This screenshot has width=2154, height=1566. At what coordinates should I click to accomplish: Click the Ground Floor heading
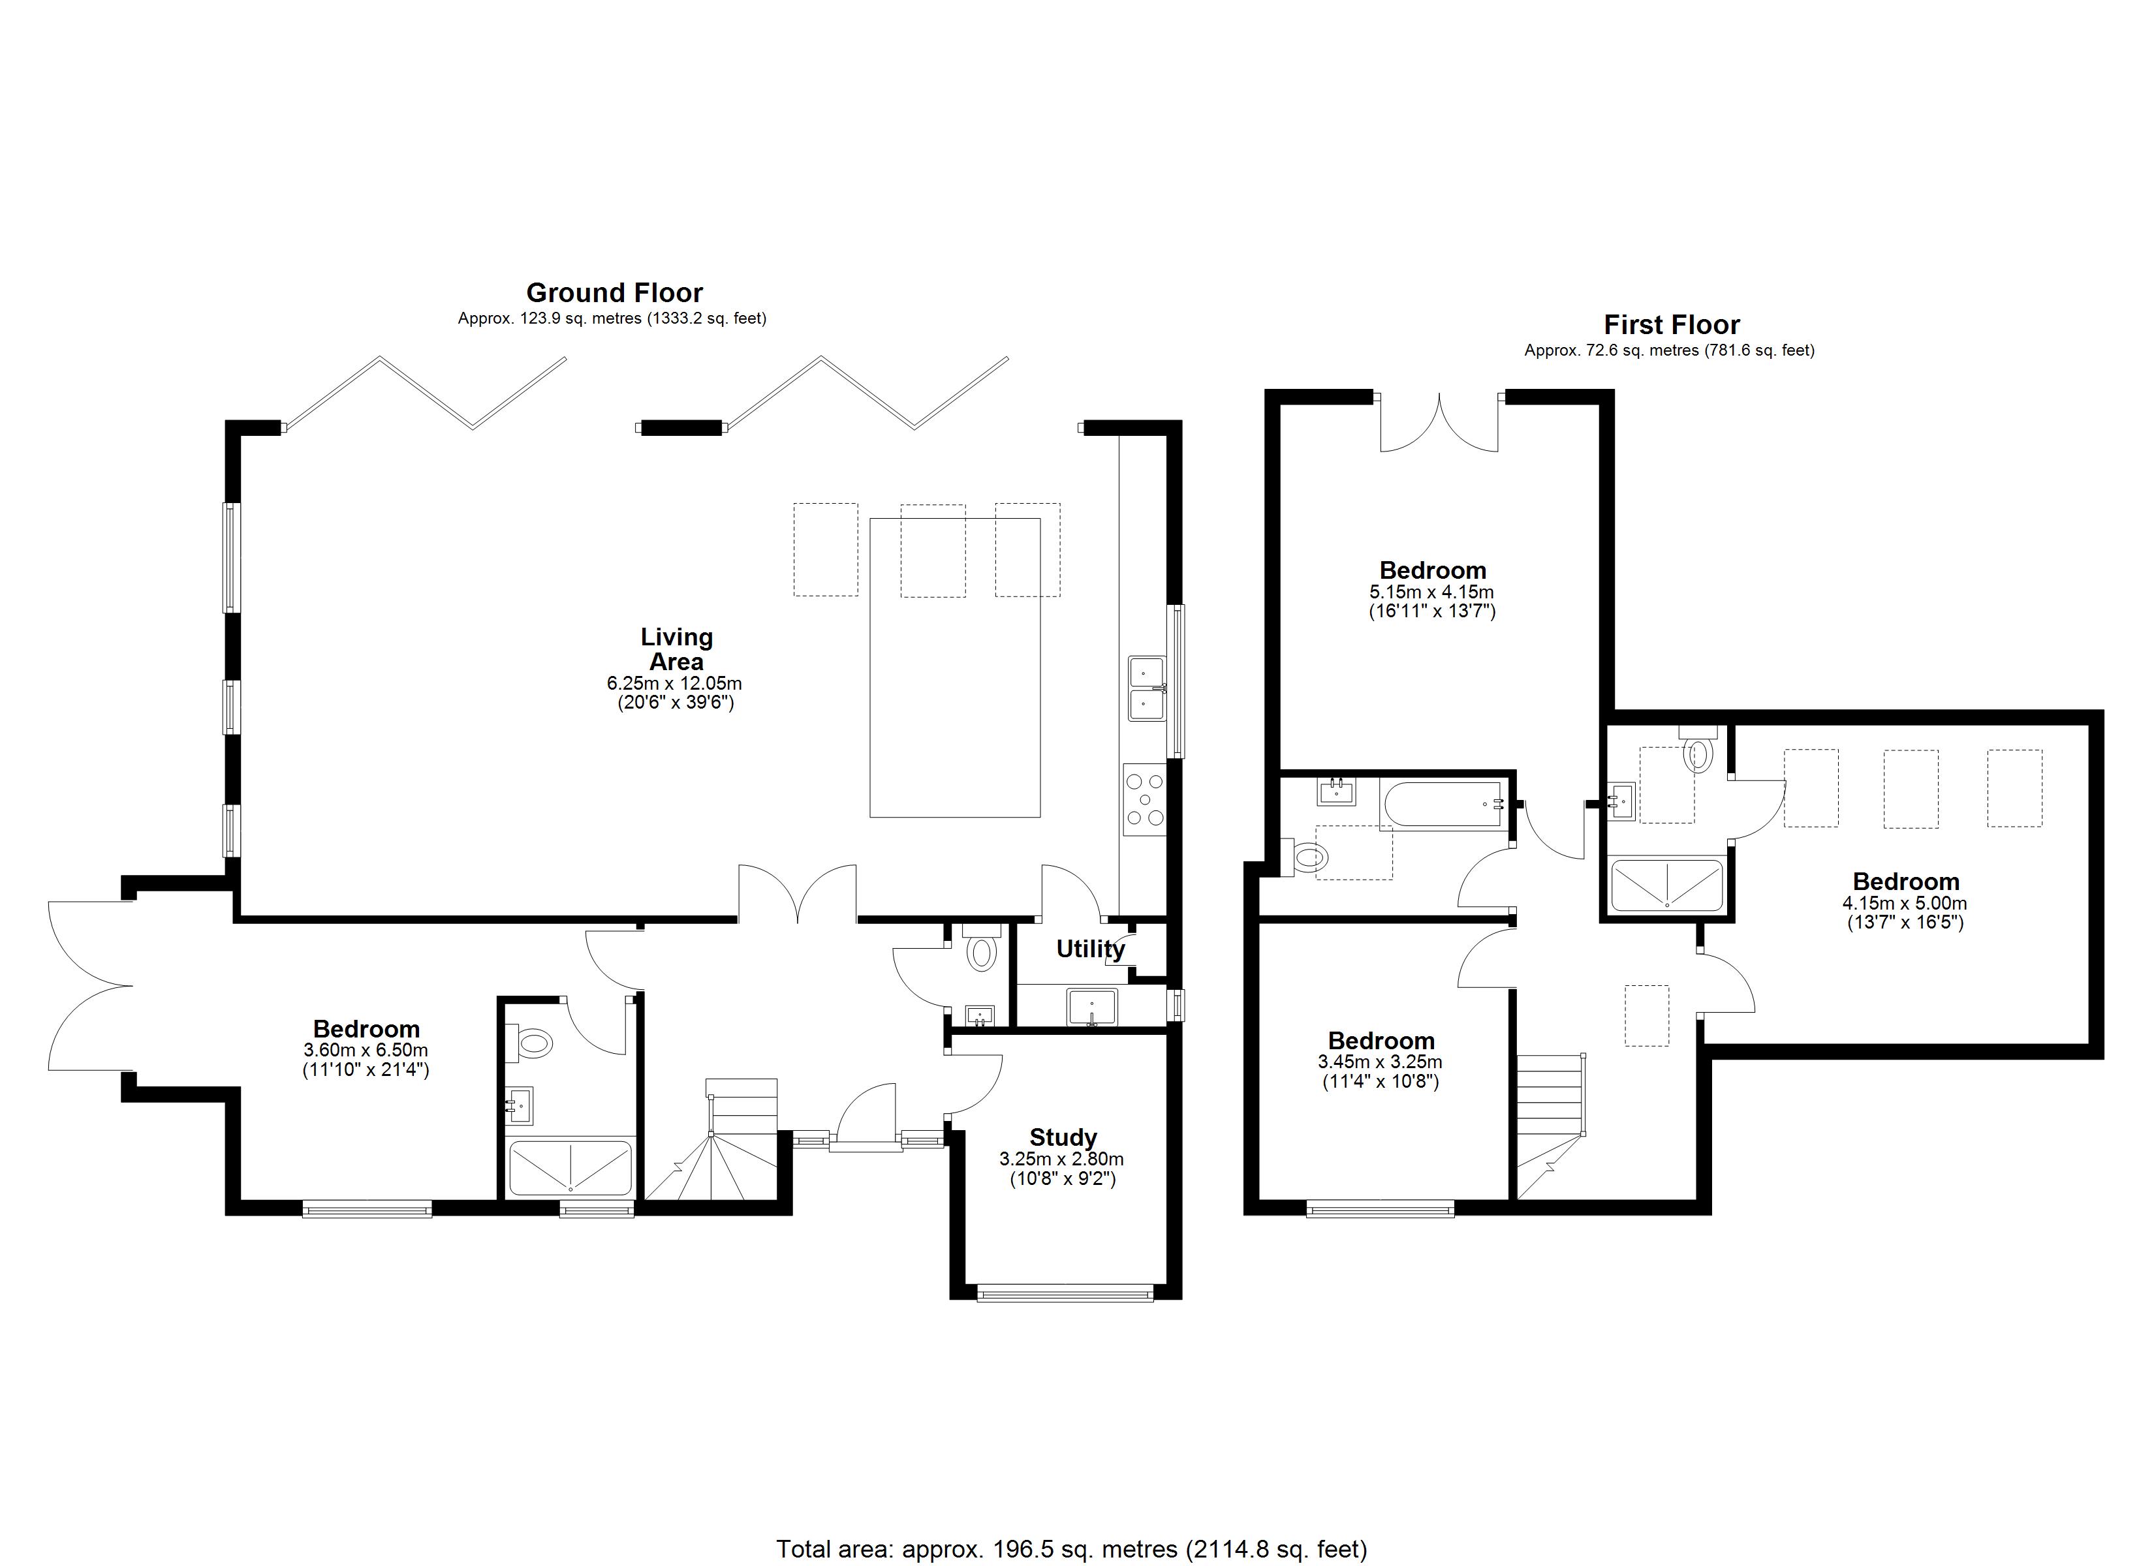[614, 292]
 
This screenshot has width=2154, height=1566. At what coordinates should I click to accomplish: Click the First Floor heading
[1672, 325]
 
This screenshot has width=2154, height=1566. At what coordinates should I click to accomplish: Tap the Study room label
[1063, 1138]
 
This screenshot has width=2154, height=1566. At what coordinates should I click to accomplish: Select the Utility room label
[1090, 949]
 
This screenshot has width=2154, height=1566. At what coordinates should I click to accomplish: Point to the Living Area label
[676, 650]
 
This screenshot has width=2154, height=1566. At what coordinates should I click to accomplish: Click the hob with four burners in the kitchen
[1144, 799]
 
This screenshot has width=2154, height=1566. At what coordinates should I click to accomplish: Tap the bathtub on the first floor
[1444, 805]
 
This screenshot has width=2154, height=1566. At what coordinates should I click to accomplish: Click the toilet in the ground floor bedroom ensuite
[532, 1045]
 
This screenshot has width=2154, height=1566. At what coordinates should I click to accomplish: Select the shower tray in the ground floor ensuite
[570, 1168]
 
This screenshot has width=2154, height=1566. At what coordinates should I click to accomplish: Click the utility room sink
[1092, 1006]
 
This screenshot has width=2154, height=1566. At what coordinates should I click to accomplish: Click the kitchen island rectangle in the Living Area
[954, 667]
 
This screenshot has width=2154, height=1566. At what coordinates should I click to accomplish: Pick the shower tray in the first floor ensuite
[1667, 885]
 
